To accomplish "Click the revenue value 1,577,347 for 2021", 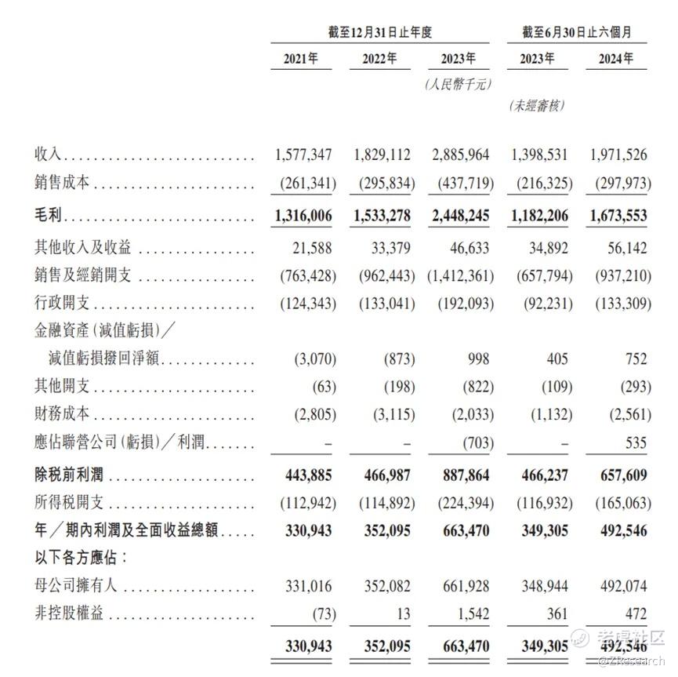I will [305, 154].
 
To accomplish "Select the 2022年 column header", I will [379, 59].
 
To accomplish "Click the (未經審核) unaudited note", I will [537, 105].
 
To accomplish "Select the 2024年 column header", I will [615, 59].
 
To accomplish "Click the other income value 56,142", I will [625, 248].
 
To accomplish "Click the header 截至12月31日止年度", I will [380, 32].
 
